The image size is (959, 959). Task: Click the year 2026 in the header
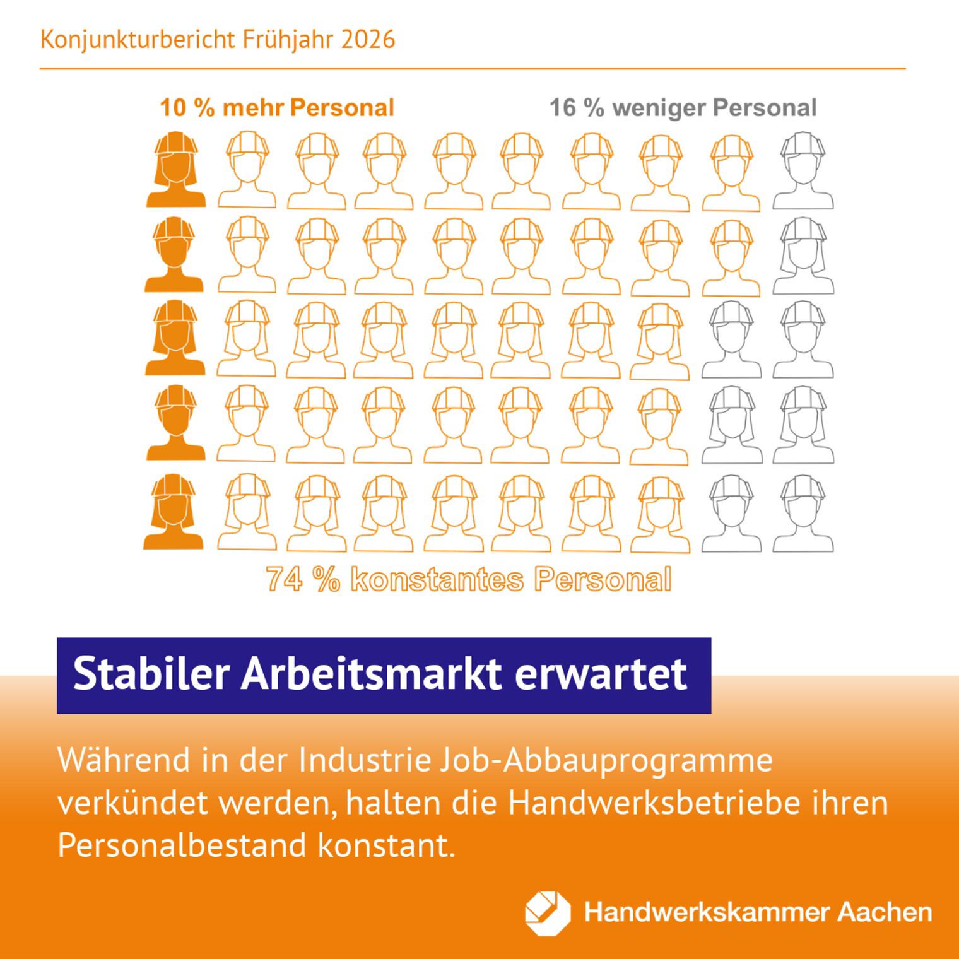pyautogui.click(x=368, y=40)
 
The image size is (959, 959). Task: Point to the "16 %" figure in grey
pyautogui.click(x=577, y=108)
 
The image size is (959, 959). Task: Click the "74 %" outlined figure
pyautogui.click(x=302, y=579)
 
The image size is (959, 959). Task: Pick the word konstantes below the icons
pyautogui.click(x=437, y=579)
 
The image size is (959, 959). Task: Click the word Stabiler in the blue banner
pyautogui.click(x=151, y=674)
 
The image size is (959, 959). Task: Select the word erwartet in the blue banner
pyautogui.click(x=600, y=674)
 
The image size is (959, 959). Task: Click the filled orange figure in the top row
pyautogui.click(x=176, y=170)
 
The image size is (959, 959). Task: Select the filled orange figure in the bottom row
pyautogui.click(x=174, y=512)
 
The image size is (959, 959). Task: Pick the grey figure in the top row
pyautogui.click(x=803, y=170)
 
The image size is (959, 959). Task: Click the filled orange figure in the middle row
pyautogui.click(x=175, y=339)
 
